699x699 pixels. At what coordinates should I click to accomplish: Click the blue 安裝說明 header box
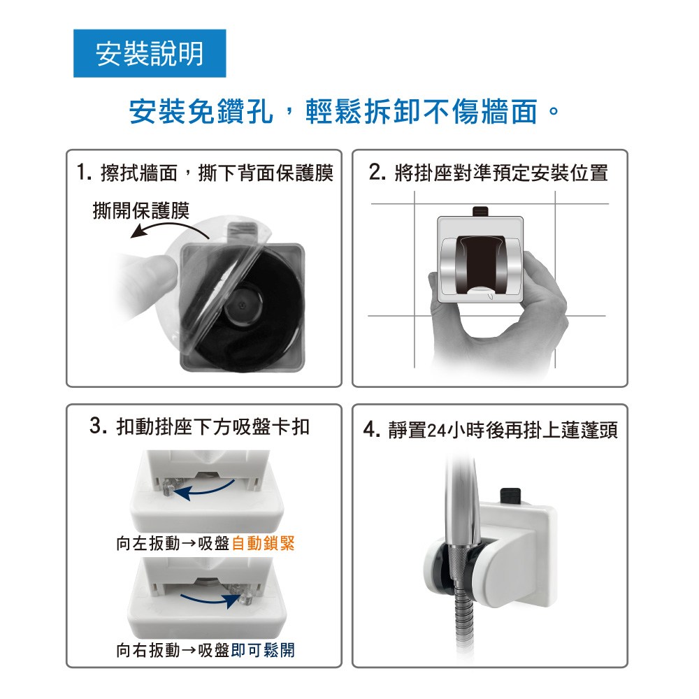tap(150, 54)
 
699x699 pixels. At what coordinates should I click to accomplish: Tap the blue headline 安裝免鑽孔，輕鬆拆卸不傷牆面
tap(343, 111)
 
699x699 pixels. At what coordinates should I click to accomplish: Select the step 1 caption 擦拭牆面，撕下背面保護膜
tap(205, 173)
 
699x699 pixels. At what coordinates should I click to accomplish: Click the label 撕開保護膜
tap(141, 210)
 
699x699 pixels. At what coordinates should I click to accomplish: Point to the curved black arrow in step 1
tap(169, 226)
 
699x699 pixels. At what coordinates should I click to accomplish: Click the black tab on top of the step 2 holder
tap(481, 211)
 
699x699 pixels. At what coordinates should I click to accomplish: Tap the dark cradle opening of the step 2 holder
tap(481, 264)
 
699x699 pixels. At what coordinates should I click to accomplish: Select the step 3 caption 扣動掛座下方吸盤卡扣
tap(199, 426)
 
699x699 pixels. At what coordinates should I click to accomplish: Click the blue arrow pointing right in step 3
tap(210, 600)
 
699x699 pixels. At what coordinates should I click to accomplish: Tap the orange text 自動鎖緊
tap(263, 543)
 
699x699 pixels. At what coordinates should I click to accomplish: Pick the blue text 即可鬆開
tap(263, 650)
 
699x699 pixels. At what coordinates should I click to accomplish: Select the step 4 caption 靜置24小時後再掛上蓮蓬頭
tap(491, 431)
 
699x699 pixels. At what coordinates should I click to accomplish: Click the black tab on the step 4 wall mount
tap(510, 495)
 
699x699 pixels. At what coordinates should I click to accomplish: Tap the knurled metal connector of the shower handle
tap(459, 563)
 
